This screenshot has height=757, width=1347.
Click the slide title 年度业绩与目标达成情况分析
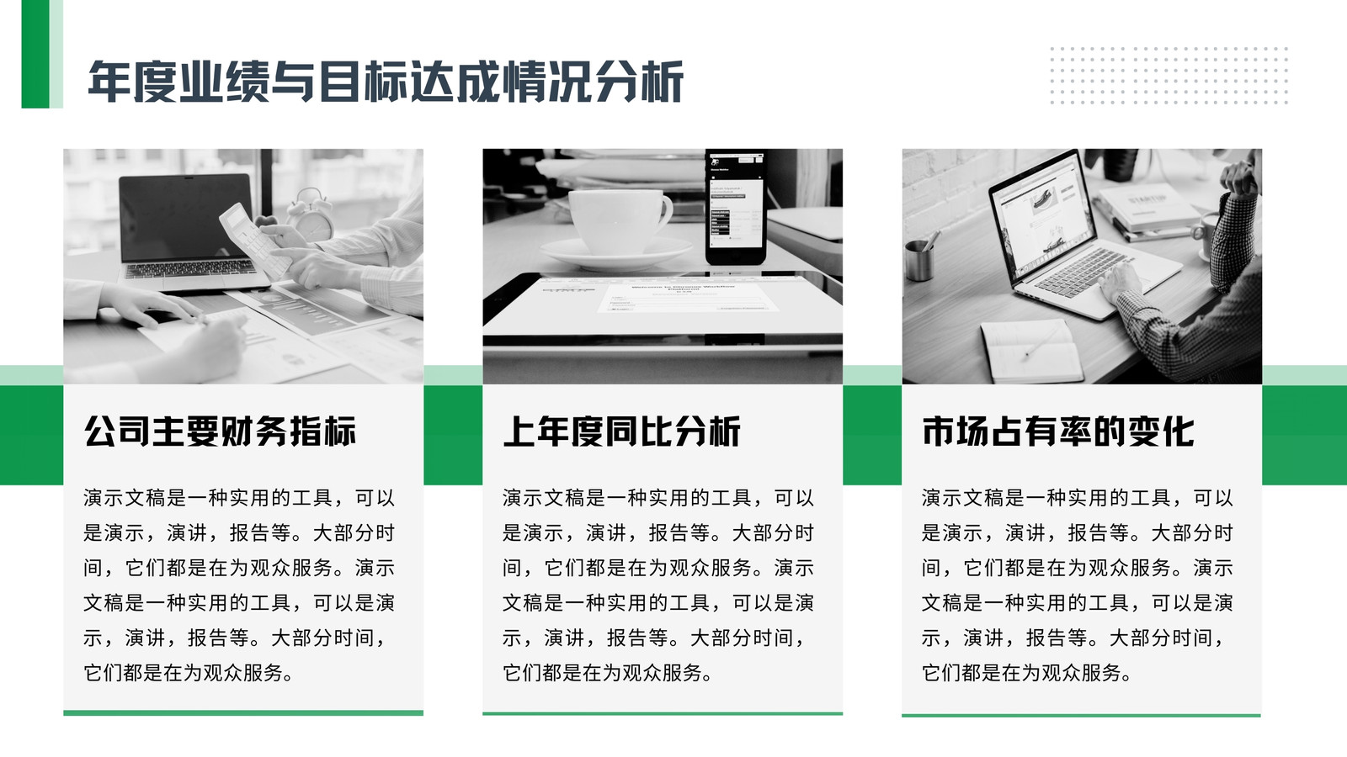[386, 81]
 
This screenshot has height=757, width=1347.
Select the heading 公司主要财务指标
[220, 431]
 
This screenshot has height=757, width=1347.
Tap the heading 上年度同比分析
[622, 431]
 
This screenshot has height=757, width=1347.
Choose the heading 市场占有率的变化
[1057, 431]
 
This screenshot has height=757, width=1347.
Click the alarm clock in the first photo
[311, 214]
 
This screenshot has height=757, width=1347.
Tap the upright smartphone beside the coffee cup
[736, 207]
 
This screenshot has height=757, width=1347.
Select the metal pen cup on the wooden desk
[918, 260]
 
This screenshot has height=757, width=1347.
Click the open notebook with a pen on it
[1030, 352]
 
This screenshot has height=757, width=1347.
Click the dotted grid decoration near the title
[1169, 76]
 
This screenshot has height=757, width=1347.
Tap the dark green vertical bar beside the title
[35, 54]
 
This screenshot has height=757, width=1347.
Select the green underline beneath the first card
[243, 713]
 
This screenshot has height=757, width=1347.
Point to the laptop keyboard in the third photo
[1083, 272]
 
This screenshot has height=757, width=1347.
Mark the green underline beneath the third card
[1081, 715]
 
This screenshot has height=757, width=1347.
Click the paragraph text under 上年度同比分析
[658, 585]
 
